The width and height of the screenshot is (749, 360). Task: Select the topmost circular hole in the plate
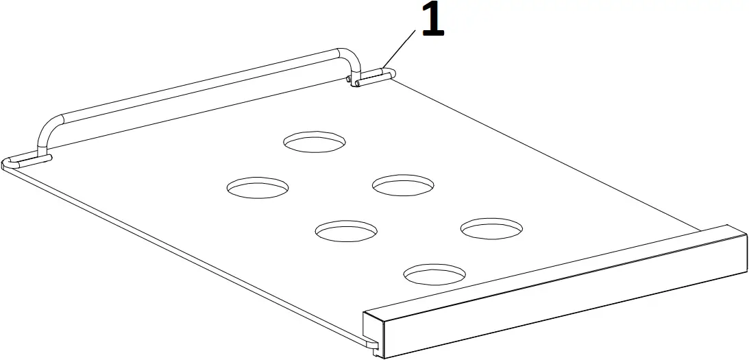(315, 141)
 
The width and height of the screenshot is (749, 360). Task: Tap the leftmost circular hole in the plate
(258, 187)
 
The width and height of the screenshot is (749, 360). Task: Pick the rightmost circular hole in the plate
(491, 229)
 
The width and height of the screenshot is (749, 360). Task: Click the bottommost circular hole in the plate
(434, 274)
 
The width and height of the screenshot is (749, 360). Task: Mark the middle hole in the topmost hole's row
(403, 184)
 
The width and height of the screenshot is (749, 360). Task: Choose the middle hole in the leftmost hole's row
(347, 231)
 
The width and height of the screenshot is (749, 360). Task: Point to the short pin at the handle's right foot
(373, 77)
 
